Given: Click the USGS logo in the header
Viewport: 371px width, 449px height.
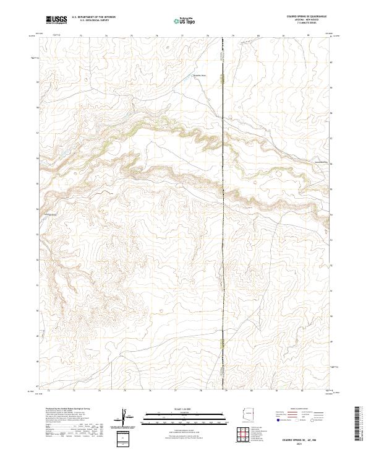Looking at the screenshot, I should (56, 20).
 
